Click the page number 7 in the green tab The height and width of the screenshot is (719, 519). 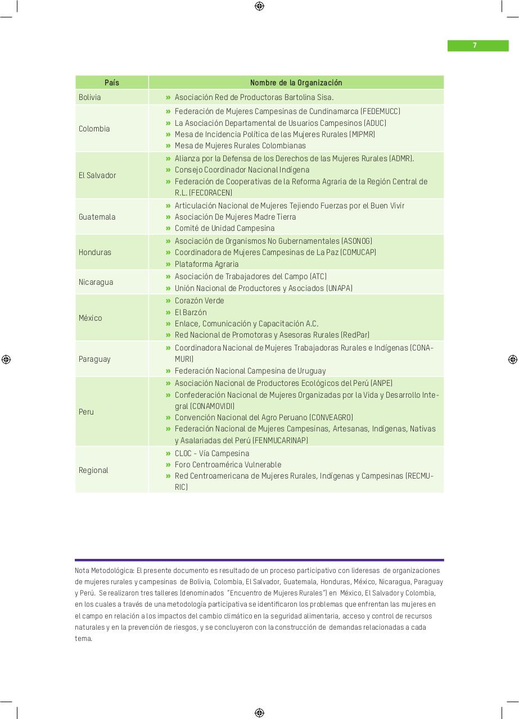(475, 45)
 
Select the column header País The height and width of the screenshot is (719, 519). (112, 83)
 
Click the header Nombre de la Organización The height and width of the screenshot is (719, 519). (296, 83)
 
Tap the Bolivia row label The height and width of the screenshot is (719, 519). (90, 97)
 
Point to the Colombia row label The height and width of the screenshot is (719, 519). (94, 129)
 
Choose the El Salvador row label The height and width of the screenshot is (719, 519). (97, 175)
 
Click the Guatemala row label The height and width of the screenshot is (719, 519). (97, 217)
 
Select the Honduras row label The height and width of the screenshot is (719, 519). (95, 252)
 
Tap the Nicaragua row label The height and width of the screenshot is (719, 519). (96, 282)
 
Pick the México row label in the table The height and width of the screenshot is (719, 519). (91, 318)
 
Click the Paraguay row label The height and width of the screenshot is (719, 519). (94, 359)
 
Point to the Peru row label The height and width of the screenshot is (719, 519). (86, 412)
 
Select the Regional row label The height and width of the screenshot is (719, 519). (93, 470)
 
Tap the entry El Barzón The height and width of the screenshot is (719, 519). (191, 312)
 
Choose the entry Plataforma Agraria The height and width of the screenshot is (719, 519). (206, 264)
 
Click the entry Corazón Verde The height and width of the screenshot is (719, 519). (199, 301)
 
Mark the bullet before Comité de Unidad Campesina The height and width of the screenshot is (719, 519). (168, 228)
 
